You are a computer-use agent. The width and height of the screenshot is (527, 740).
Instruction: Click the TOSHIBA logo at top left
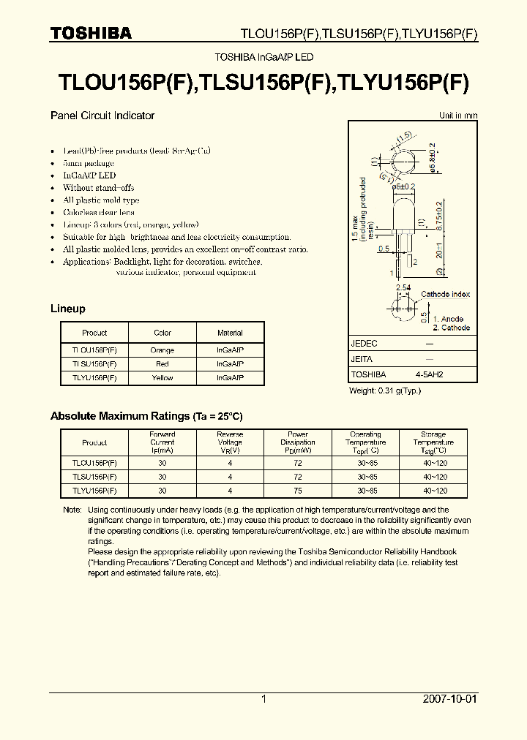click(x=91, y=34)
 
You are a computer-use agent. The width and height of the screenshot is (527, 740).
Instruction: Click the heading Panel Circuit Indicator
click(x=102, y=116)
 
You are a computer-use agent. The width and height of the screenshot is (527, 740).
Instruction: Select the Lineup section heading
click(x=67, y=309)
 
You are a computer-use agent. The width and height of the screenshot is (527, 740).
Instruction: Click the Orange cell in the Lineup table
click(x=162, y=350)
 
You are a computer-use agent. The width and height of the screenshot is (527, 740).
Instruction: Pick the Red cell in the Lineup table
click(x=162, y=363)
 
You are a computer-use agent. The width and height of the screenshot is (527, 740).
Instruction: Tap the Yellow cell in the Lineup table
click(x=162, y=377)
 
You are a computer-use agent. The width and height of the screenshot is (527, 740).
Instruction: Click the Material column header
click(x=230, y=333)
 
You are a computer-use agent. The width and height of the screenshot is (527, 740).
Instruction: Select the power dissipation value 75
click(x=298, y=491)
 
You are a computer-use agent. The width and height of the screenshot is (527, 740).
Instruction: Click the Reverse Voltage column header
click(x=230, y=442)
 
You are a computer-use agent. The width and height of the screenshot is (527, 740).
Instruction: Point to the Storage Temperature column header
click(x=433, y=442)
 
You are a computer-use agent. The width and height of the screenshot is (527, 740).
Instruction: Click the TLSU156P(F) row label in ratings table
click(x=94, y=477)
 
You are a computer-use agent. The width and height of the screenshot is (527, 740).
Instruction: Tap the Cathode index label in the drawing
click(x=445, y=295)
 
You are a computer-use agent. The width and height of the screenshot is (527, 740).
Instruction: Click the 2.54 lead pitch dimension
click(x=403, y=288)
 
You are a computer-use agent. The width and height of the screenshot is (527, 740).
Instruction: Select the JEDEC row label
click(x=365, y=344)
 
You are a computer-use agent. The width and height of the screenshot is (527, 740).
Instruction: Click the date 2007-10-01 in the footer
click(x=450, y=700)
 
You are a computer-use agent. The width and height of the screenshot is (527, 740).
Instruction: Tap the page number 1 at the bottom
click(x=263, y=700)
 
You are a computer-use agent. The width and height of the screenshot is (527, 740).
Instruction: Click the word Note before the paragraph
click(x=72, y=510)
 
